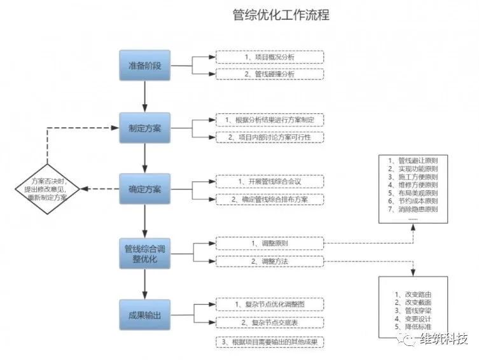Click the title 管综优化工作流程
click(281, 15)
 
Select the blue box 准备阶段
click(145, 66)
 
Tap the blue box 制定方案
click(145, 128)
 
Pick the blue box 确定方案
click(145, 189)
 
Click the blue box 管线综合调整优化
click(145, 253)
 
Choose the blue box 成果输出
click(145, 315)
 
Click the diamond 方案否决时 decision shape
click(47, 189)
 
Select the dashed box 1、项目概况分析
click(270, 57)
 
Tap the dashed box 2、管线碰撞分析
click(270, 74)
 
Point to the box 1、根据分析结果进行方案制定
click(270, 120)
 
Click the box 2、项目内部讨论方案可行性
click(270, 137)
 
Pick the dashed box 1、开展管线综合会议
click(270, 182)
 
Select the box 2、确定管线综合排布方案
click(270, 199)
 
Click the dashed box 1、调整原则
click(270, 244)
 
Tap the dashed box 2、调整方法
click(270, 261)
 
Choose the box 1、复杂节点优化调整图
click(270, 305)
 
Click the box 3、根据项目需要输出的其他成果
click(270, 342)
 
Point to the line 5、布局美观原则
click(413, 193)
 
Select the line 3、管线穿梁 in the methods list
click(413, 310)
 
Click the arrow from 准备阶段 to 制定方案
click(145, 97)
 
